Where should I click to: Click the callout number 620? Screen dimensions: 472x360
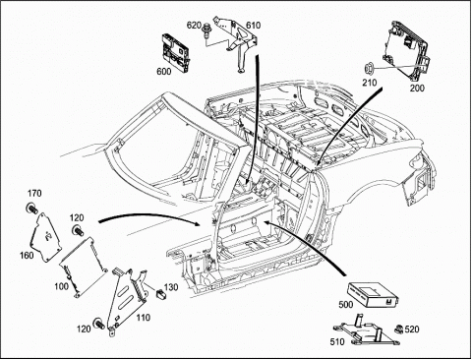[194, 25]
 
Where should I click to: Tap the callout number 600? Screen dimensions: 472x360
[163, 71]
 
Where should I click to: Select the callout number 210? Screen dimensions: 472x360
[370, 82]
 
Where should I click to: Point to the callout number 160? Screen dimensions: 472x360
[27, 255]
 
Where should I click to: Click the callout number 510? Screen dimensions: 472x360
[337, 341]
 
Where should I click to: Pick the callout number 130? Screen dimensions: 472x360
[171, 287]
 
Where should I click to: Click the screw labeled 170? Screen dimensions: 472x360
[31, 209]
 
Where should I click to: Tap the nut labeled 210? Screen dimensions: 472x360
[369, 69]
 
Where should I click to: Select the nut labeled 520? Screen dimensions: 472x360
[398, 329]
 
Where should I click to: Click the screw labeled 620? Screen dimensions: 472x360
[206, 30]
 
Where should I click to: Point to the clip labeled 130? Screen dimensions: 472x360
[161, 294]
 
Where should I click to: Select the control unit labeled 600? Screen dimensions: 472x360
[175, 52]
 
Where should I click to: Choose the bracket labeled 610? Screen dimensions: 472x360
[237, 43]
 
